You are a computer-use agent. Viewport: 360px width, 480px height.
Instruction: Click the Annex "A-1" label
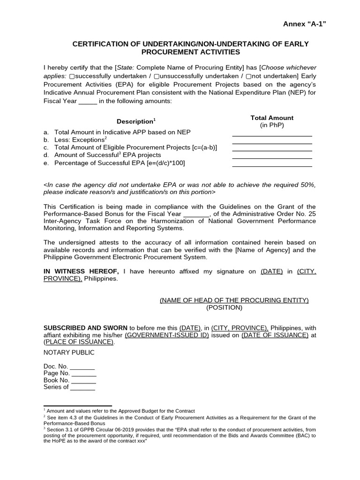[304, 24]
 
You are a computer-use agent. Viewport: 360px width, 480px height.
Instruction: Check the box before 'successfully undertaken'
[72, 76]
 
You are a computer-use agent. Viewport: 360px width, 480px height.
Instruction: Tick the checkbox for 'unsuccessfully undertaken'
[157, 76]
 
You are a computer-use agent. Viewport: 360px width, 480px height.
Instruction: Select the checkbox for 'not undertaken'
[249, 76]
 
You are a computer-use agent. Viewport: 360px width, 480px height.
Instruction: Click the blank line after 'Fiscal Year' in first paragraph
[88, 101]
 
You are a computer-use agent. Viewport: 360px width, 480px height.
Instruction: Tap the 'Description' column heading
[136, 121]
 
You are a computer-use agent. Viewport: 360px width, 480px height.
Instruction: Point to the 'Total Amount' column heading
[272, 118]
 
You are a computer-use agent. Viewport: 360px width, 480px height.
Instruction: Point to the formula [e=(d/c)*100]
[160, 163]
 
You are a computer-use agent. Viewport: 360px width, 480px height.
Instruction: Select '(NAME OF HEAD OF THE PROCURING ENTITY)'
[234, 300]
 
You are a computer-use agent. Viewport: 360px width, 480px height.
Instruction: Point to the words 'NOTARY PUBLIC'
[69, 352]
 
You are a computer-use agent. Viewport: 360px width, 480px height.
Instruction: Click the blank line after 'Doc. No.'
[82, 367]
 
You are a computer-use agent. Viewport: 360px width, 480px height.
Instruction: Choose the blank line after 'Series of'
[82, 388]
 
